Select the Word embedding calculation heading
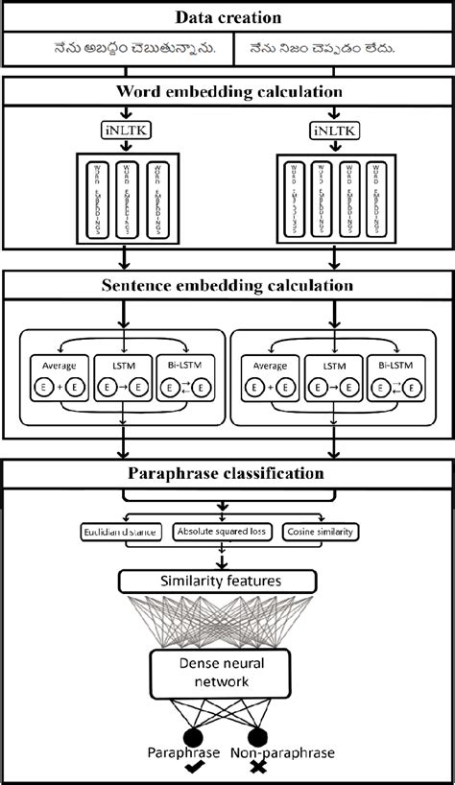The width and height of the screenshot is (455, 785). [x=227, y=92]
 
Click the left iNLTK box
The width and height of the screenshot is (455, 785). [x=122, y=131]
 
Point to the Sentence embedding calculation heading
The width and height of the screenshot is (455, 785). [x=227, y=285]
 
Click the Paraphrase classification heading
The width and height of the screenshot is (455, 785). [x=227, y=473]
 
